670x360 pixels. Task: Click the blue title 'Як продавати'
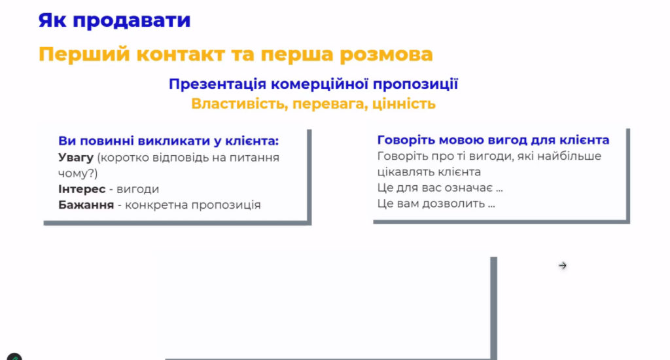click(x=115, y=20)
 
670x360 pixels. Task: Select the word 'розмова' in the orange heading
click(x=386, y=54)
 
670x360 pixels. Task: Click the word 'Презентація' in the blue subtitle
click(x=217, y=84)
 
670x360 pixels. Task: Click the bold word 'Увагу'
click(x=76, y=158)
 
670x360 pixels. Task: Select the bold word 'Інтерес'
click(x=82, y=189)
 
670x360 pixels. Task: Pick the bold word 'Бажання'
click(x=86, y=205)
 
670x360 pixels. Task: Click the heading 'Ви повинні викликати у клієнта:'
click(x=168, y=141)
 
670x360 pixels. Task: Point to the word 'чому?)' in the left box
click(x=78, y=173)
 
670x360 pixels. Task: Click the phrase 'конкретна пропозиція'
click(x=193, y=206)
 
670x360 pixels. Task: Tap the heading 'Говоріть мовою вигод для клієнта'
click(x=493, y=140)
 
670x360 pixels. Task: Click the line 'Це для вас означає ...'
click(x=440, y=188)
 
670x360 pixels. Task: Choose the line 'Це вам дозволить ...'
click(x=436, y=204)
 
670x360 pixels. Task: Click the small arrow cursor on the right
click(x=562, y=266)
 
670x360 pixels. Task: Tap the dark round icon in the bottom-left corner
click(x=14, y=357)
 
